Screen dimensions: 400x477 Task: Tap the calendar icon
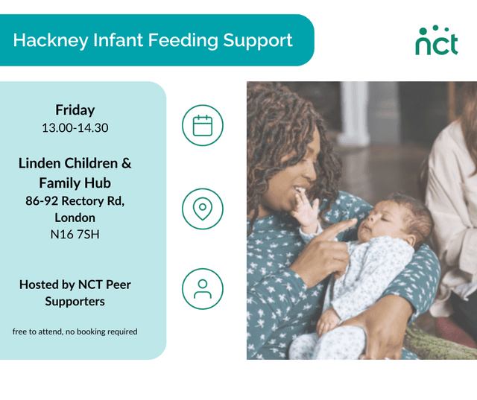pyautogui.click(x=203, y=125)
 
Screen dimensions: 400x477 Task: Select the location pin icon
pyautogui.click(x=203, y=209)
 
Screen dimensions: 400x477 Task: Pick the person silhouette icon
pyautogui.click(x=203, y=289)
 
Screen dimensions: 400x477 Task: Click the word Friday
pyautogui.click(x=75, y=110)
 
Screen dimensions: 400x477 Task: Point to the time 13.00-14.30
pyautogui.click(x=75, y=127)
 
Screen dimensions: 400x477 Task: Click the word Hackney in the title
pyautogui.click(x=45, y=40)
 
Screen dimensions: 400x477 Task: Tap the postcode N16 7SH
pyautogui.click(x=75, y=234)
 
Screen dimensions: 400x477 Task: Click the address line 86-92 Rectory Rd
pyautogui.click(x=75, y=200)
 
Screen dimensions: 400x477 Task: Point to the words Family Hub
pyautogui.click(x=75, y=182)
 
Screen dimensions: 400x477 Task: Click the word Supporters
pyautogui.click(x=75, y=301)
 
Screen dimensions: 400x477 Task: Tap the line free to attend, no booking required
pyautogui.click(x=75, y=331)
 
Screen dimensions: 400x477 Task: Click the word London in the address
pyautogui.click(x=75, y=218)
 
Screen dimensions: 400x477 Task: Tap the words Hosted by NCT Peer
pyautogui.click(x=75, y=284)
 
